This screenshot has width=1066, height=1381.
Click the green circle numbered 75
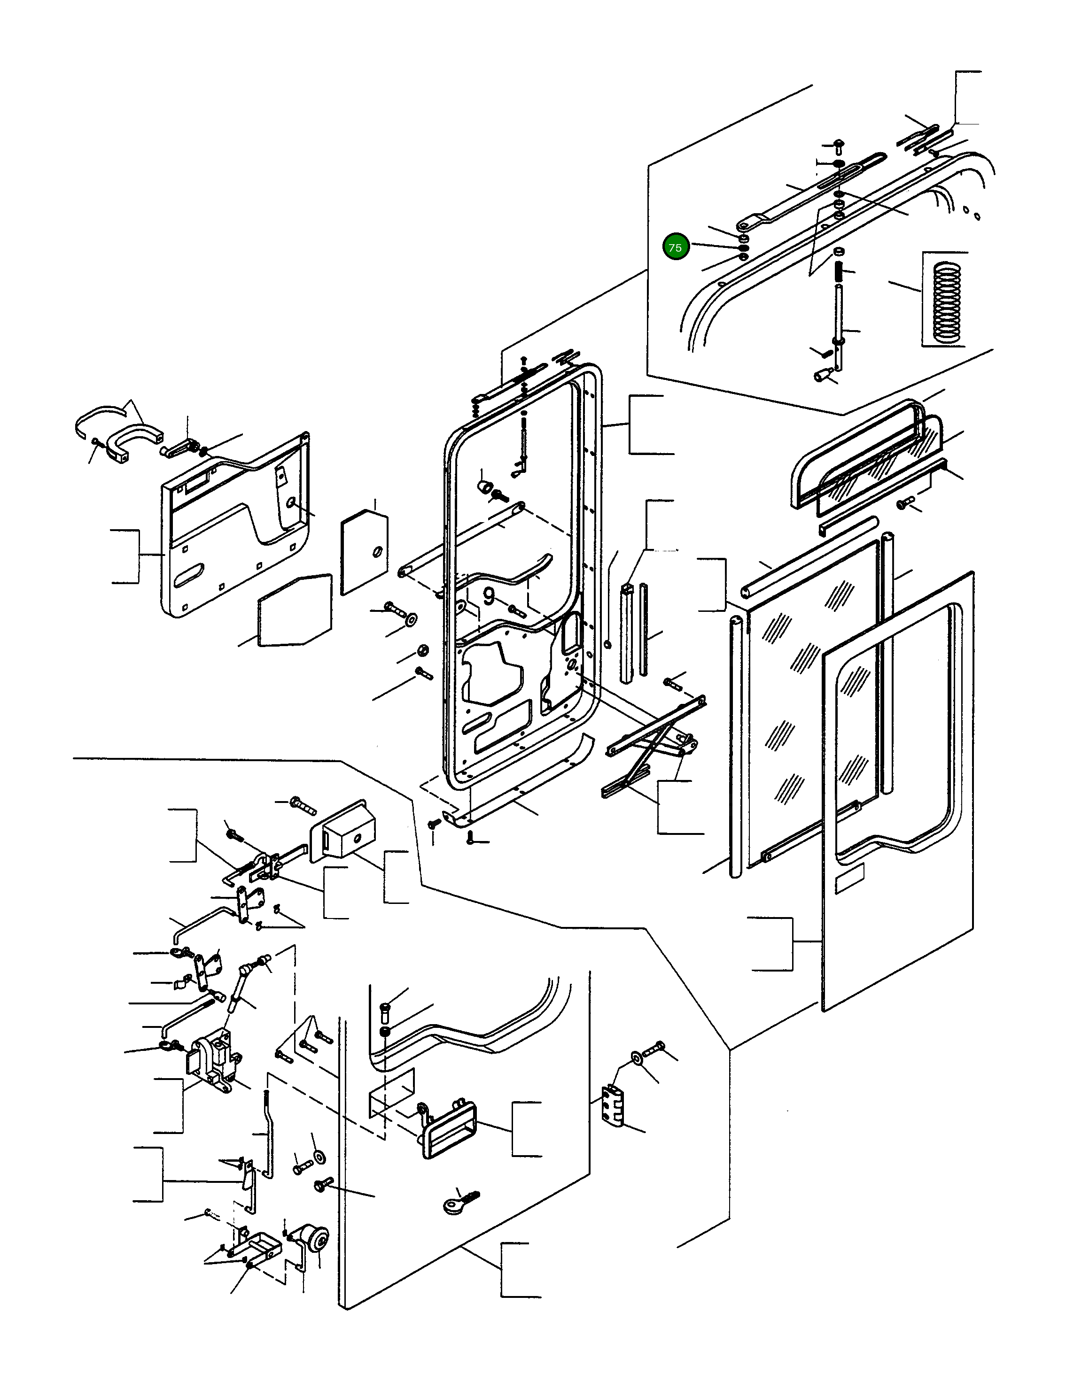click(675, 247)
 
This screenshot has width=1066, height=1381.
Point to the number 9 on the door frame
click(489, 596)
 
